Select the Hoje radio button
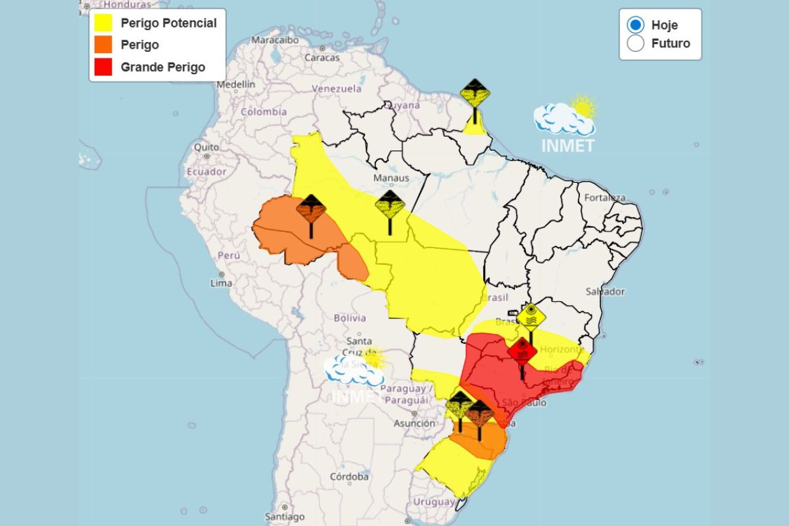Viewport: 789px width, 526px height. click(635, 25)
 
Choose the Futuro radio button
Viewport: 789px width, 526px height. click(635, 44)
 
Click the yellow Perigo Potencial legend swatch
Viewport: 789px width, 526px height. click(103, 24)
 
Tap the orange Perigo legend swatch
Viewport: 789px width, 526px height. click(103, 45)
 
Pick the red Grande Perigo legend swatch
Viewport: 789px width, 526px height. click(103, 67)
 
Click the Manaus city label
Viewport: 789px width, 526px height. click(391, 178)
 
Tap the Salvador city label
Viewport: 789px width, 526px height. click(605, 291)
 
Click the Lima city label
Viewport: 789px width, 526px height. click(221, 283)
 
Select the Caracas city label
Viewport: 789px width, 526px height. click(322, 57)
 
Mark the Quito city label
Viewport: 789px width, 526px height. click(206, 147)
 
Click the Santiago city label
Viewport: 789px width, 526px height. click(284, 516)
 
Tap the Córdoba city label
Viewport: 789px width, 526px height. click(349, 476)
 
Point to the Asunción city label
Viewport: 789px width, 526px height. click(414, 423)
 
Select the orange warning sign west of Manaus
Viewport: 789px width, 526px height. click(310, 210)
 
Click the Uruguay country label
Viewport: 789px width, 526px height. click(435, 502)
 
